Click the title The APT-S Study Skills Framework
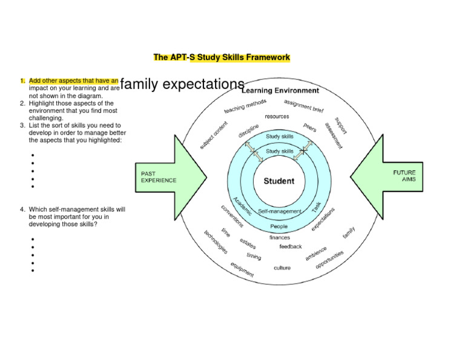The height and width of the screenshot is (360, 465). coord(222,58)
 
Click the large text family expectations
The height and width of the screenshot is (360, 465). coord(182,84)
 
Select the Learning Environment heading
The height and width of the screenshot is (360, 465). coord(280,91)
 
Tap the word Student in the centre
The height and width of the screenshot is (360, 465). coord(279,181)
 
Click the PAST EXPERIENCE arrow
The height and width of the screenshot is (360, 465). coord(170,176)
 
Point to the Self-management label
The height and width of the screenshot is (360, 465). coord(279,212)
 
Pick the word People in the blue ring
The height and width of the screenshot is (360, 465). coord(279,227)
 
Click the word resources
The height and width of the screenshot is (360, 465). coord(277,116)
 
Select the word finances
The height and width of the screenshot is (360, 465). coord(280,238)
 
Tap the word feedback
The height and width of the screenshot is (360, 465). coord(291,247)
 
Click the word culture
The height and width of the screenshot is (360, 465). coord(282,267)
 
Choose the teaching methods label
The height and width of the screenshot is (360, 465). coord(245,106)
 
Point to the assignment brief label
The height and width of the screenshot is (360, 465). coord(304,107)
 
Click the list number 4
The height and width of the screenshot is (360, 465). coord(21,209)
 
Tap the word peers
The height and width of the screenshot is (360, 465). coord(310,128)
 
